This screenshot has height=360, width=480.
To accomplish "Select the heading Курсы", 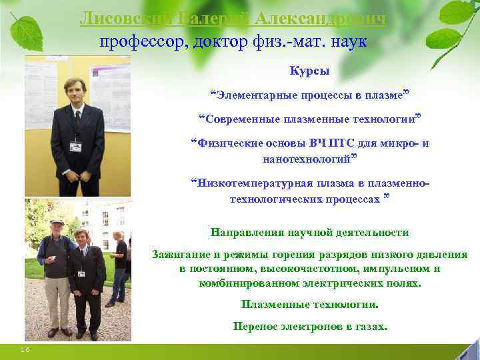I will coord(309,71).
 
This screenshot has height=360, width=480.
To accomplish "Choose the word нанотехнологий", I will coord(307,159).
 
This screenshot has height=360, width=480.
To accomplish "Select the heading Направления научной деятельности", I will coord(309,233).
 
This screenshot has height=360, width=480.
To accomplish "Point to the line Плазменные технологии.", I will coord(309,305).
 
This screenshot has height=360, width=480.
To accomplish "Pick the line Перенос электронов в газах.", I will coord(309,327).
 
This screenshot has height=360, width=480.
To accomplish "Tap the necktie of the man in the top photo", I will coord(77,123).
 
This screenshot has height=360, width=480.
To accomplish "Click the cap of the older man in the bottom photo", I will coord(57,221).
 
